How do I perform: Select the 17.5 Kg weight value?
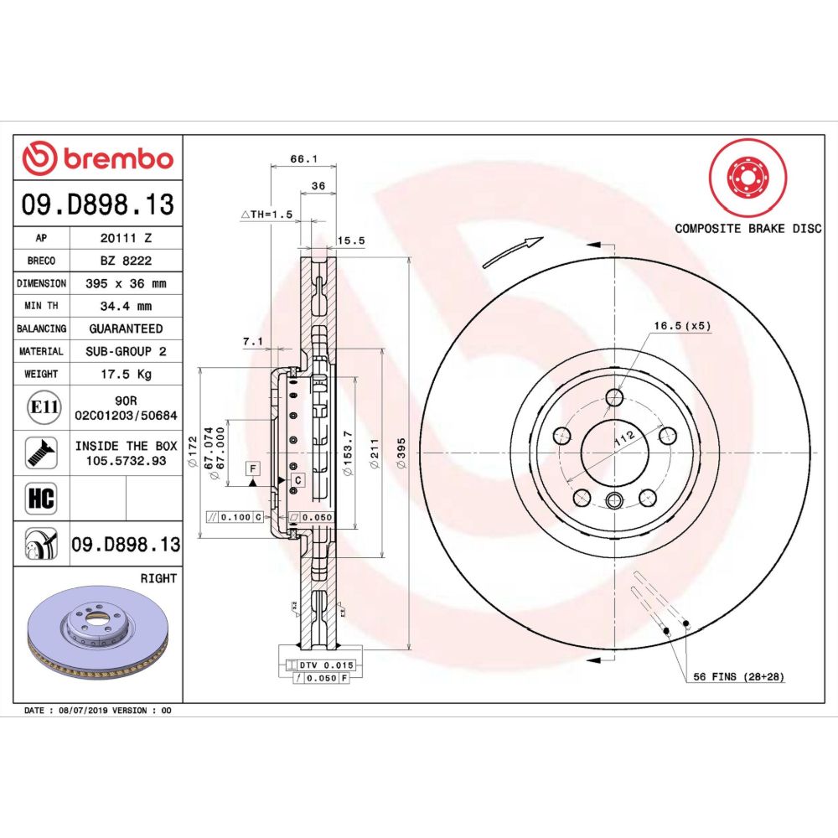(x=127, y=374)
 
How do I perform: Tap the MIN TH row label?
(x=41, y=306)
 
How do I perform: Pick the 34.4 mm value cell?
(x=127, y=306)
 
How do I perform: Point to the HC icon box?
(x=41, y=498)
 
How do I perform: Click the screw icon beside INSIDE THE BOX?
(x=41, y=453)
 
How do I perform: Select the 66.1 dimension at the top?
(x=303, y=158)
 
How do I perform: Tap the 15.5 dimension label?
(x=350, y=241)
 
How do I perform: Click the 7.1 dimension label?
(x=252, y=341)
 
